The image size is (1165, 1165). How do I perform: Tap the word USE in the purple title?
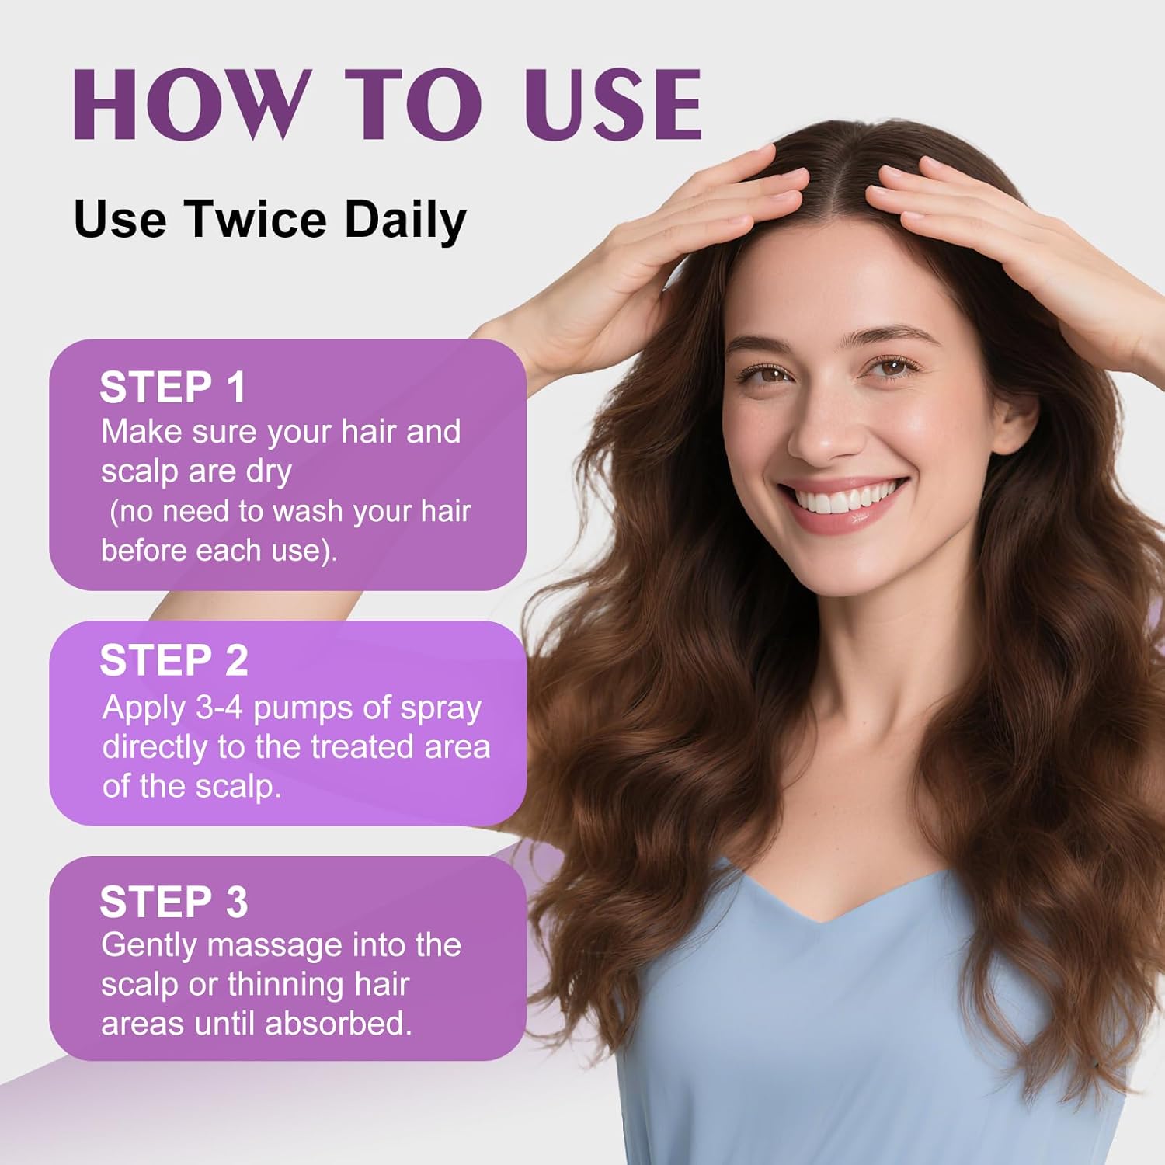613,105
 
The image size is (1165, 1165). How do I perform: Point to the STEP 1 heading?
172,387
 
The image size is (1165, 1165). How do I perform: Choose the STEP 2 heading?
174,660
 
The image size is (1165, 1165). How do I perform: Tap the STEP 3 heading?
174,902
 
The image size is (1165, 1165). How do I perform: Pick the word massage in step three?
275,946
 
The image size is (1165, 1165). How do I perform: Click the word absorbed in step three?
338,1024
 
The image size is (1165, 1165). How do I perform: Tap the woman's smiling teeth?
843,498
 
